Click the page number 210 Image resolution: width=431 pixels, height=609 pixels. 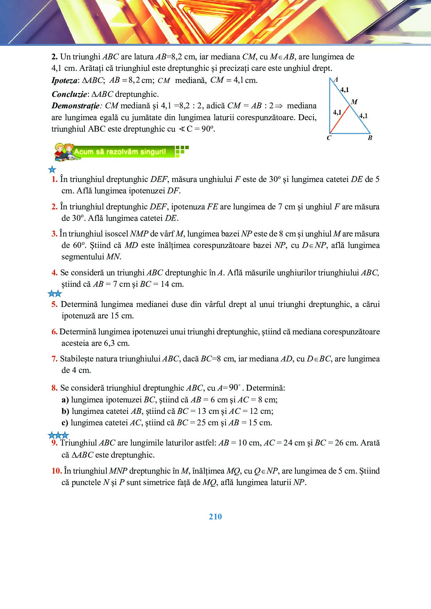click(x=215, y=517)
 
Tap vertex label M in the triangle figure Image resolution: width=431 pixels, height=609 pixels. click(x=354, y=102)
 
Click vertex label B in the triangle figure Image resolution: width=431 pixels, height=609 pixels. click(x=370, y=138)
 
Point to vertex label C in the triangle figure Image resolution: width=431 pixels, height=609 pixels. click(x=329, y=138)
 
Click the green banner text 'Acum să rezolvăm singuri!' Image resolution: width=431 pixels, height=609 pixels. click(x=120, y=152)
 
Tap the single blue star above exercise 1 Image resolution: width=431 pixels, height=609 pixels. click(x=52, y=170)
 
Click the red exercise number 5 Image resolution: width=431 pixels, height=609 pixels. click(x=54, y=304)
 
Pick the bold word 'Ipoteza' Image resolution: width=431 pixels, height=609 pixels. click(x=64, y=81)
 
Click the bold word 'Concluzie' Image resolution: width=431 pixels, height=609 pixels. click(x=69, y=94)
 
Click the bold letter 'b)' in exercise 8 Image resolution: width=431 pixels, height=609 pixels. click(x=65, y=411)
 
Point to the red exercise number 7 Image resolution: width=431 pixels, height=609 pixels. click(x=54, y=359)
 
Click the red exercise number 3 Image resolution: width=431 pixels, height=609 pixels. click(x=54, y=234)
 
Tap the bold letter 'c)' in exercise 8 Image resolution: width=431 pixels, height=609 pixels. click(x=65, y=423)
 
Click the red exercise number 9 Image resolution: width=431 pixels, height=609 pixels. click(x=54, y=443)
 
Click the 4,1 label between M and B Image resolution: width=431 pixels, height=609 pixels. click(x=363, y=116)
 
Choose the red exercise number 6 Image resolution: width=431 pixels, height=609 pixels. click(x=54, y=332)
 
